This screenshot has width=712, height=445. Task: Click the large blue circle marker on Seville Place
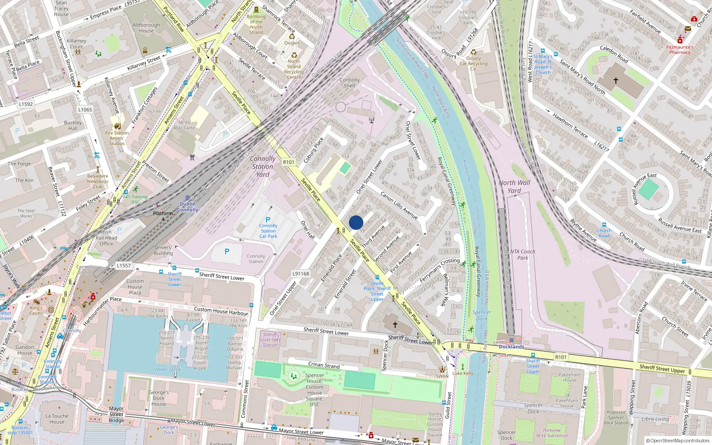pyautogui.click(x=356, y=222)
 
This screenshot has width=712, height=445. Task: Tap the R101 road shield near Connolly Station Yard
pyautogui.click(x=289, y=162)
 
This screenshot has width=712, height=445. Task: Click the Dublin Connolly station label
pyautogui.click(x=188, y=207)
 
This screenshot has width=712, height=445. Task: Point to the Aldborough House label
pyautogui.click(x=146, y=28)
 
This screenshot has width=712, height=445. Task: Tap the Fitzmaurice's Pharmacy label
pyautogui.click(x=680, y=49)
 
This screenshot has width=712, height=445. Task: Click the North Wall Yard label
pyautogui.click(x=514, y=186)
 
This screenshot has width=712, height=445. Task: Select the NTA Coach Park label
pyautogui.click(x=522, y=255)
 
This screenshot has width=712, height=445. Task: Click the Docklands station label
pyautogui.click(x=511, y=347)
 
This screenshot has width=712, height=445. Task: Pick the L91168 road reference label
pyautogui.click(x=301, y=274)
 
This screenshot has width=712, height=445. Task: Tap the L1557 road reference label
pyautogui.click(x=124, y=266)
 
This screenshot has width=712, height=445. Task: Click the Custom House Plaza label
pyautogui.click(x=135, y=287)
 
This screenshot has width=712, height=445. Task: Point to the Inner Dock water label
pyautogui.click(x=168, y=370)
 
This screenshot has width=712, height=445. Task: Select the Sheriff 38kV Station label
pyautogui.click(x=270, y=340)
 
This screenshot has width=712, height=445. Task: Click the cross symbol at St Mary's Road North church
pyautogui.click(x=616, y=81)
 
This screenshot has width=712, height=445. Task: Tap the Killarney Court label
pyautogui.click(x=77, y=44)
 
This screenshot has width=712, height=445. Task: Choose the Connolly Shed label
pyautogui.click(x=350, y=83)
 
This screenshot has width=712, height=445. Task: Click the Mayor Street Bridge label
pyautogui.click(x=116, y=414)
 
